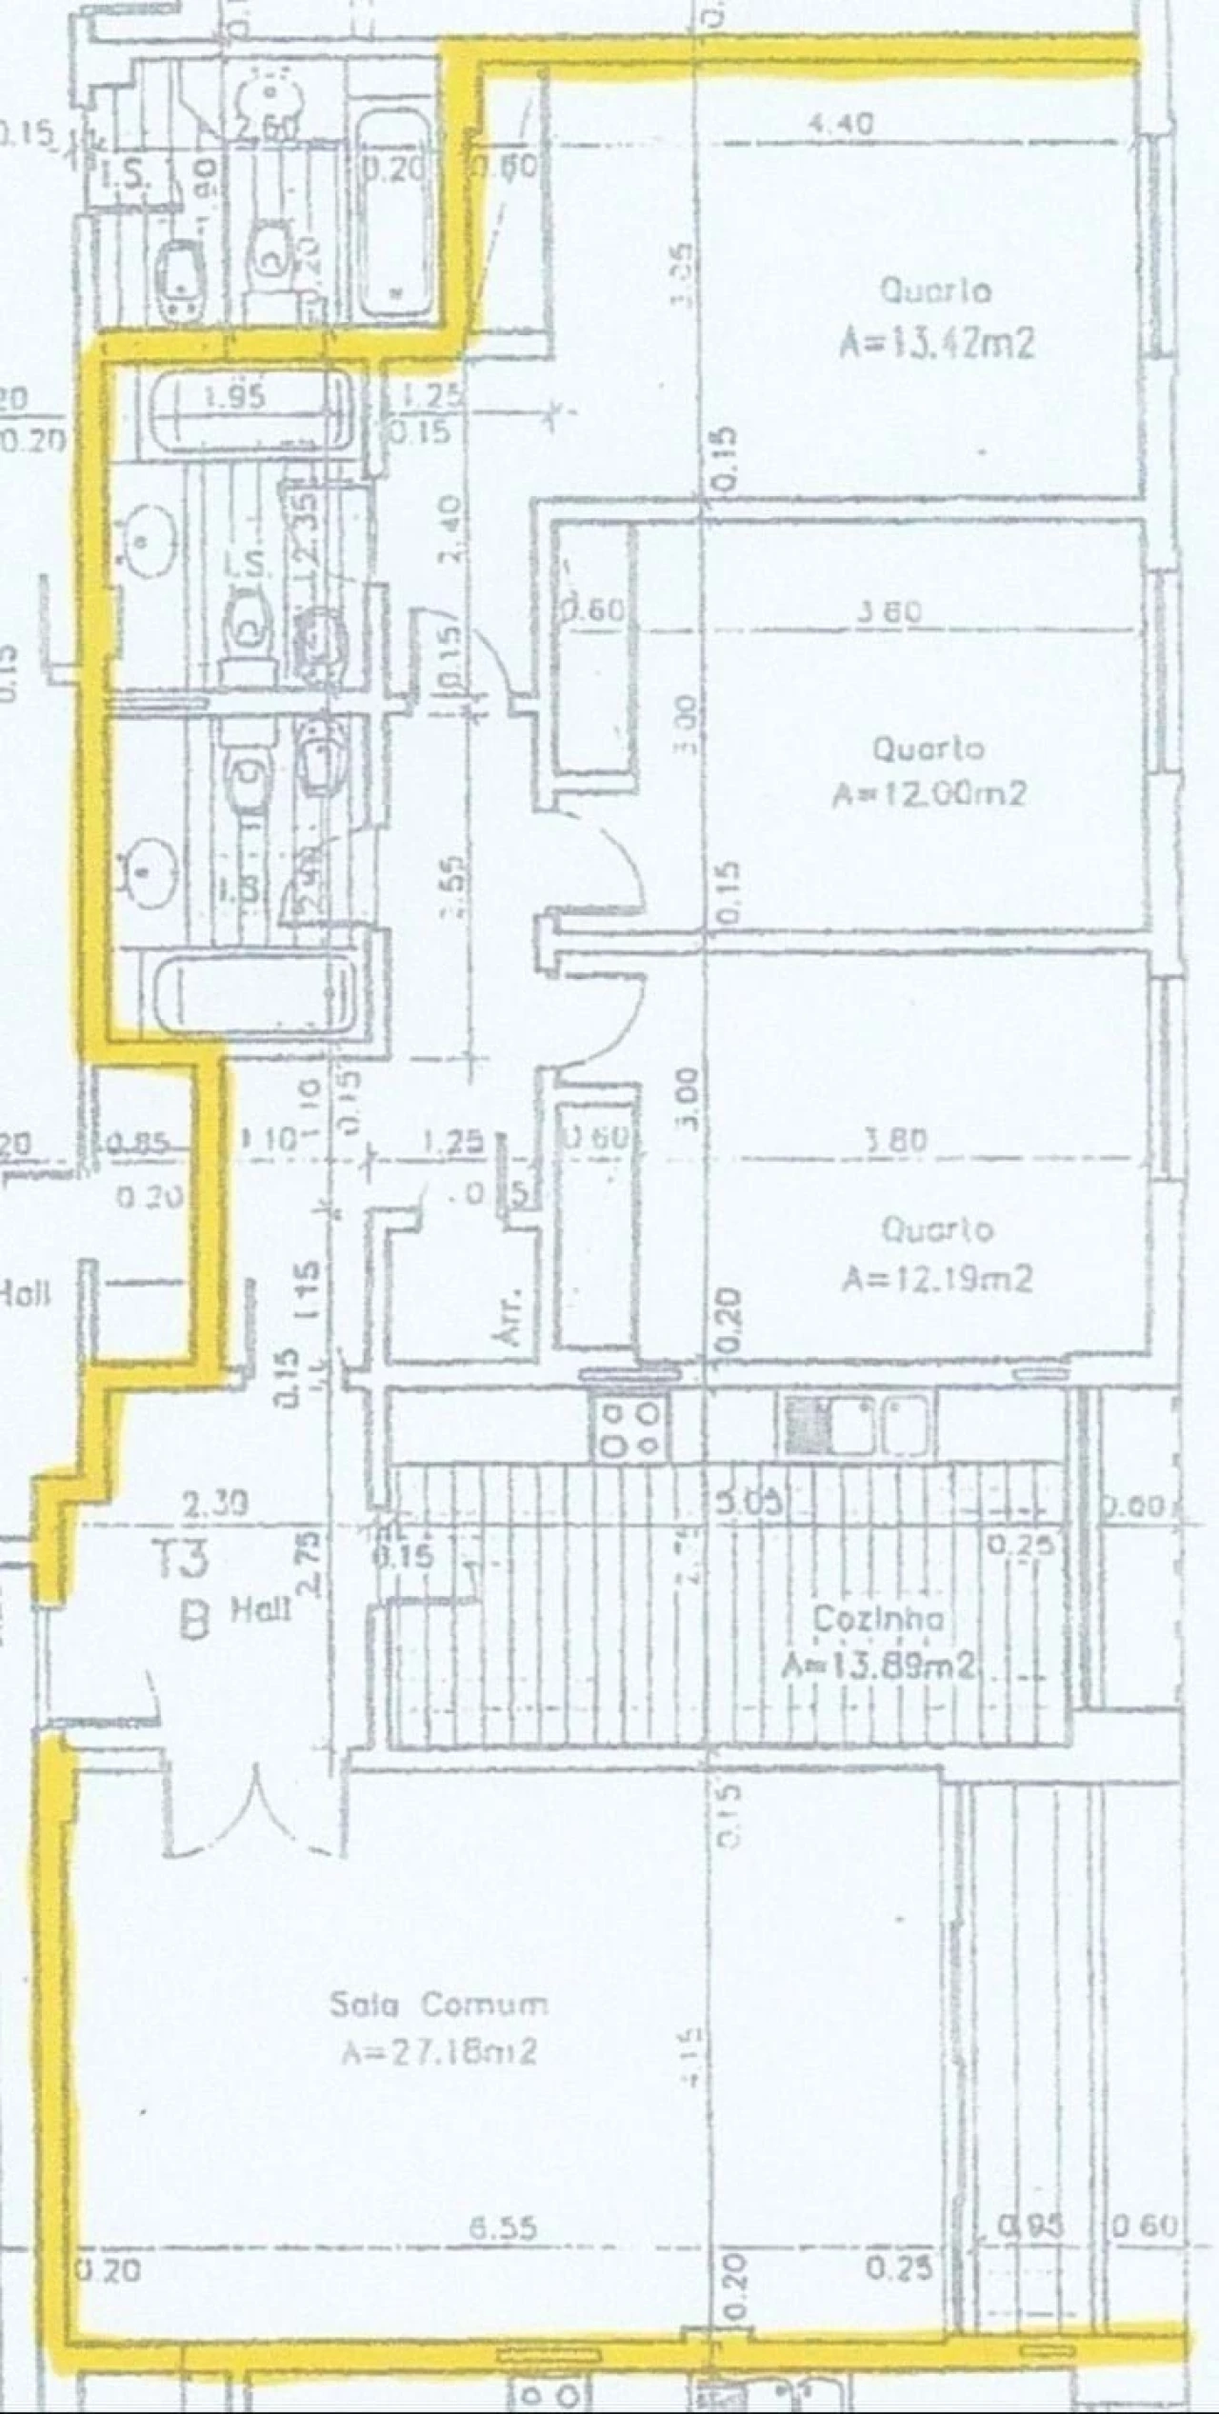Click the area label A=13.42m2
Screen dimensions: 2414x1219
pyautogui.click(x=936, y=343)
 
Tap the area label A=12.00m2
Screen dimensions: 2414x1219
pyautogui.click(x=929, y=793)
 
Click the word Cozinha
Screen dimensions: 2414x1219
pyautogui.click(x=878, y=1619)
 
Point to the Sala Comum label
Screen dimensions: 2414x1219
pyautogui.click(x=439, y=2005)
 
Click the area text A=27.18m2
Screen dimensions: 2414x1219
pyautogui.click(x=439, y=2050)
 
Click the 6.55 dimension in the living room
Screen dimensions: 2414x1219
pyautogui.click(x=504, y=2227)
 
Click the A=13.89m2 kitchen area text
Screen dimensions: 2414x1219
pyautogui.click(x=878, y=1666)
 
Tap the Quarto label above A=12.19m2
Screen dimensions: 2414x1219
pyautogui.click(x=937, y=1229)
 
